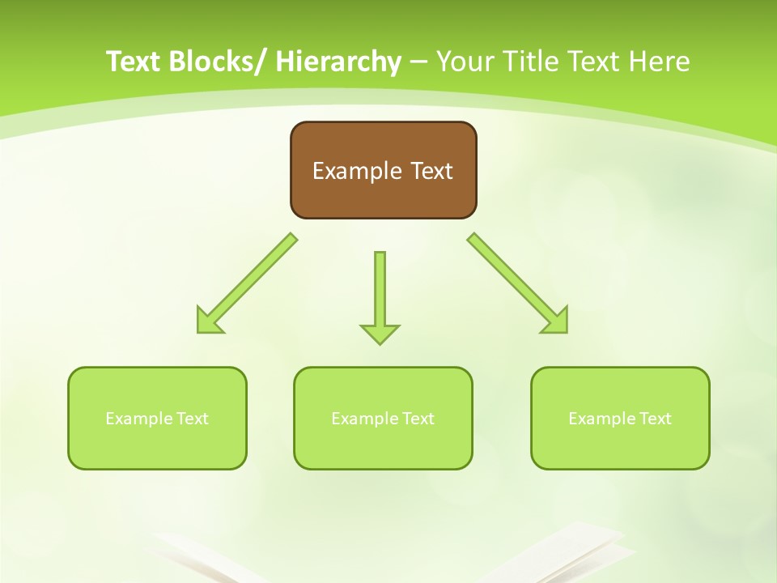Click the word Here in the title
(656, 62)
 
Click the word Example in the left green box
(139, 419)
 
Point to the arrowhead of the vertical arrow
(380, 334)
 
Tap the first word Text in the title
(134, 62)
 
